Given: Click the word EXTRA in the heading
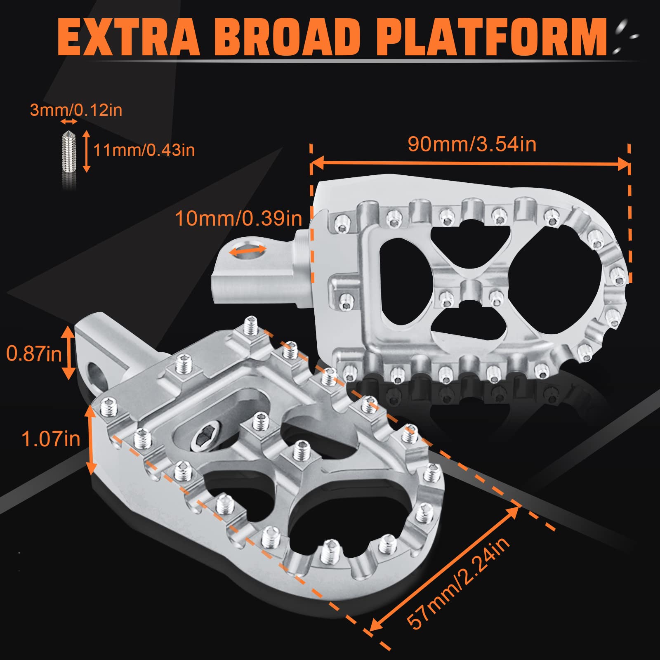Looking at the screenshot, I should coord(128,37).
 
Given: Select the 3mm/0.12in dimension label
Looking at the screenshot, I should coord(76,110).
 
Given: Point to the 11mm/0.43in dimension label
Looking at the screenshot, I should coord(144,150).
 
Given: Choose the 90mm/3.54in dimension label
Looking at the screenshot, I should coord(472,144).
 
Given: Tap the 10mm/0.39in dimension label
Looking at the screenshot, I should coord(238,218).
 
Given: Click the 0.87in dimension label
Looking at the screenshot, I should coord(34,354).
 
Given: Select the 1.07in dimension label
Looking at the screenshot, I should coord(51,438).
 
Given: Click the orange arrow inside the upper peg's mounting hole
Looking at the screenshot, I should coord(247,250).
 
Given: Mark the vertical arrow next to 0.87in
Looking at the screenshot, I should coord(68,352).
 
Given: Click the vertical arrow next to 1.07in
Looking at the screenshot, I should coord(91,439).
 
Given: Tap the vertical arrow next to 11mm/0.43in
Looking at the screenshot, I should coord(86,151).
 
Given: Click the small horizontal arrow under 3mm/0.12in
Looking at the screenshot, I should coord(68,122).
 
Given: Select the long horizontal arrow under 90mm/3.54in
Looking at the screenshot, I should coord(470,163).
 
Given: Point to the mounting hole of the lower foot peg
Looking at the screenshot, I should coord(96,372).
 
